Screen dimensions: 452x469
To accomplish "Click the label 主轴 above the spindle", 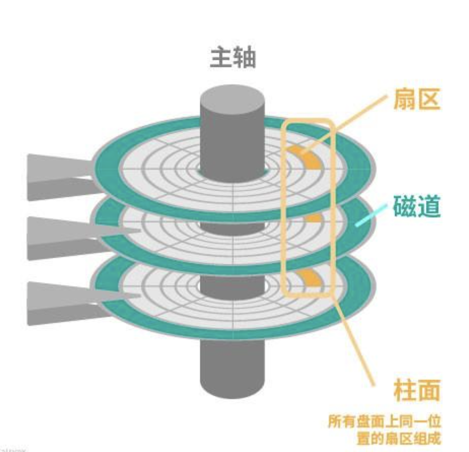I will point(233,58).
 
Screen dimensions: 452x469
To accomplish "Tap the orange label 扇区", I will point(417,100).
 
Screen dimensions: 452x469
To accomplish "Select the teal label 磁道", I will point(417,207).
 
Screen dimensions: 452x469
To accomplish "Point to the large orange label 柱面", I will point(417,390).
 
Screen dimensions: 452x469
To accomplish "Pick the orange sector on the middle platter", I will point(313,218).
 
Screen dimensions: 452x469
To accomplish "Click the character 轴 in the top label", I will point(245,58).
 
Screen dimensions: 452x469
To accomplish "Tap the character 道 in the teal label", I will point(428,207).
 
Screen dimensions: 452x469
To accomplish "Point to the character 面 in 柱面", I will point(428,390).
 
